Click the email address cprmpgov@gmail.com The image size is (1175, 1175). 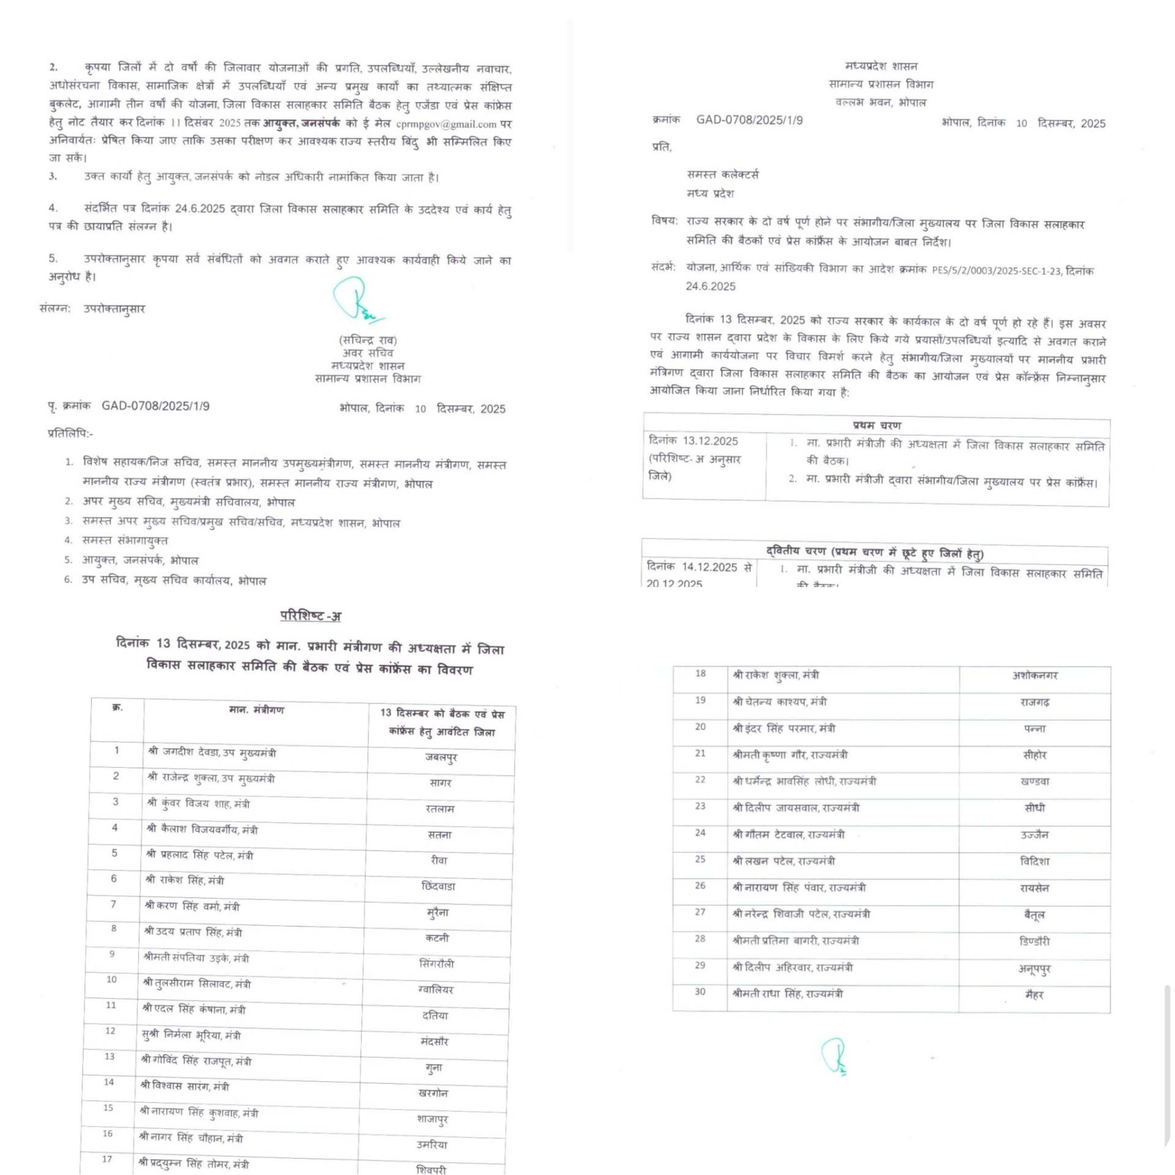coord(446,124)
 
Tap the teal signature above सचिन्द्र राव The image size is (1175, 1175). coord(357,300)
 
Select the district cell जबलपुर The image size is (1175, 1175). coord(441,757)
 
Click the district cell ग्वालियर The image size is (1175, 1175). coord(436,990)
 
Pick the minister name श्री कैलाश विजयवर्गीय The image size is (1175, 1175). coord(202,829)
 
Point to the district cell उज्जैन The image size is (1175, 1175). coord(1034,835)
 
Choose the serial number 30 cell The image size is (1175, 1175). coord(700,992)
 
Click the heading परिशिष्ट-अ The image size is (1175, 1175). coord(310,616)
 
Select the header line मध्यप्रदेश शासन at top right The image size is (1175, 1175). coord(881,66)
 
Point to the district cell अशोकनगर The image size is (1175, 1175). coord(1034,675)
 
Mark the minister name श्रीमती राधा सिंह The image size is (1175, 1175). coord(787,994)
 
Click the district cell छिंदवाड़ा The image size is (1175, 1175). coord(438,886)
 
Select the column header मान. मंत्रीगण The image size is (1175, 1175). coord(256,710)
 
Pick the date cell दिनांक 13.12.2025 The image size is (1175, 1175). coord(693,441)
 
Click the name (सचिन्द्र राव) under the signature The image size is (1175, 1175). coord(368,340)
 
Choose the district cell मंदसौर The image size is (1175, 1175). coord(434,1041)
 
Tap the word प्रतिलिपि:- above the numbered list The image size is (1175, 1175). coord(70,434)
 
